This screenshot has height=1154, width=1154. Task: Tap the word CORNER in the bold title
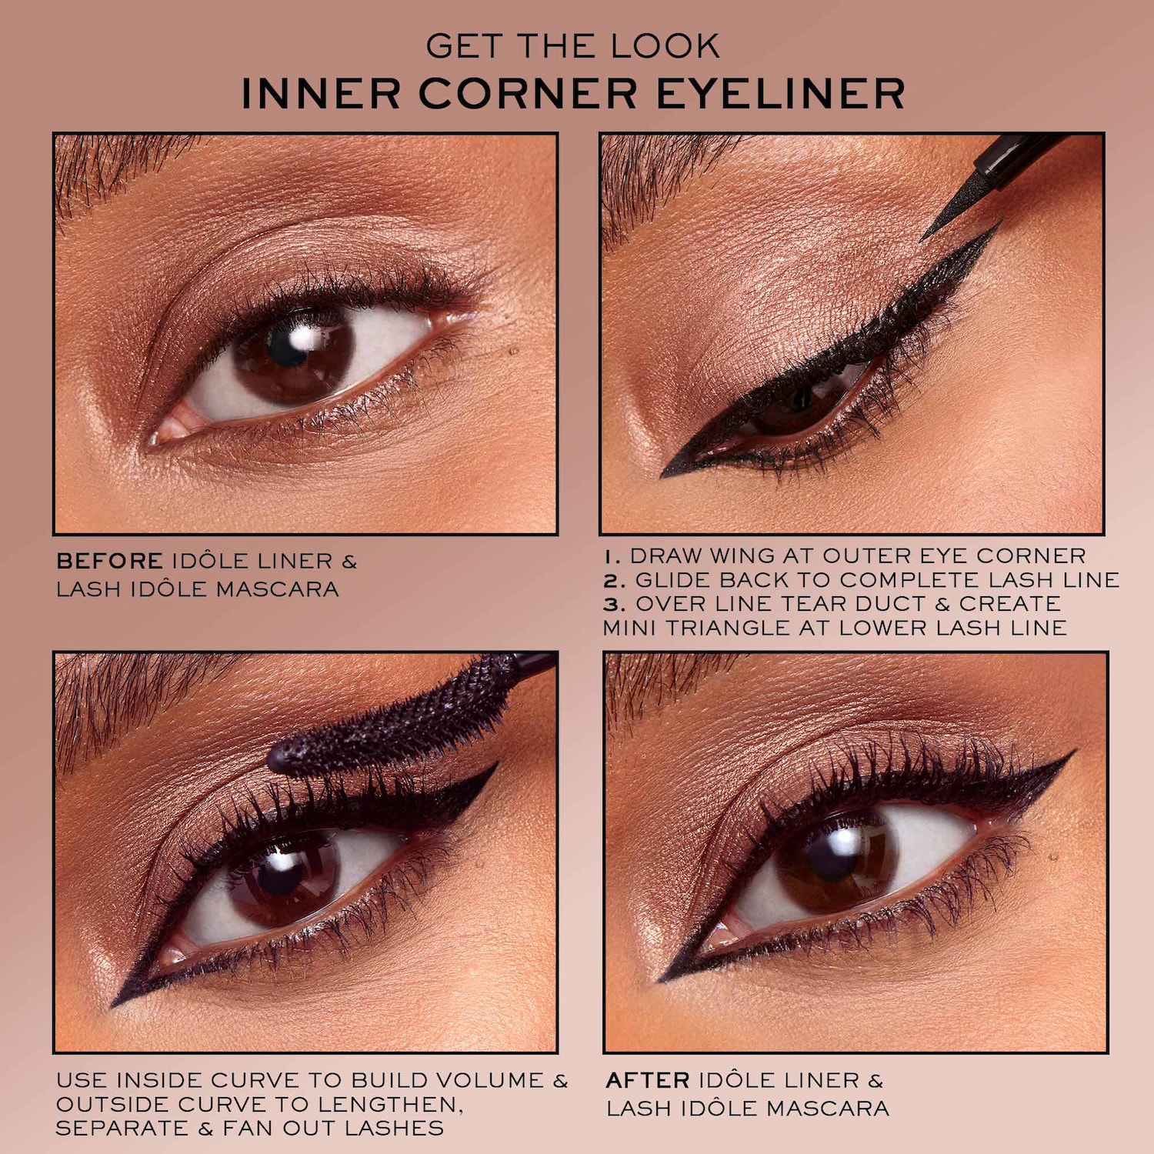529,94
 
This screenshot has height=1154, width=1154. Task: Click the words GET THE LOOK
573,46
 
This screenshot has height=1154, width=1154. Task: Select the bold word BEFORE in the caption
109,561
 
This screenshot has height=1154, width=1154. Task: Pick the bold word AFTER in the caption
648,1080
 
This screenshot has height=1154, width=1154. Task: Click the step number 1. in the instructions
612,555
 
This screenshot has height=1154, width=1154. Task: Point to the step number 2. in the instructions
615,579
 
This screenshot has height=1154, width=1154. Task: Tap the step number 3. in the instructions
615,603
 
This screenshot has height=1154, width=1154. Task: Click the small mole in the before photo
514,352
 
